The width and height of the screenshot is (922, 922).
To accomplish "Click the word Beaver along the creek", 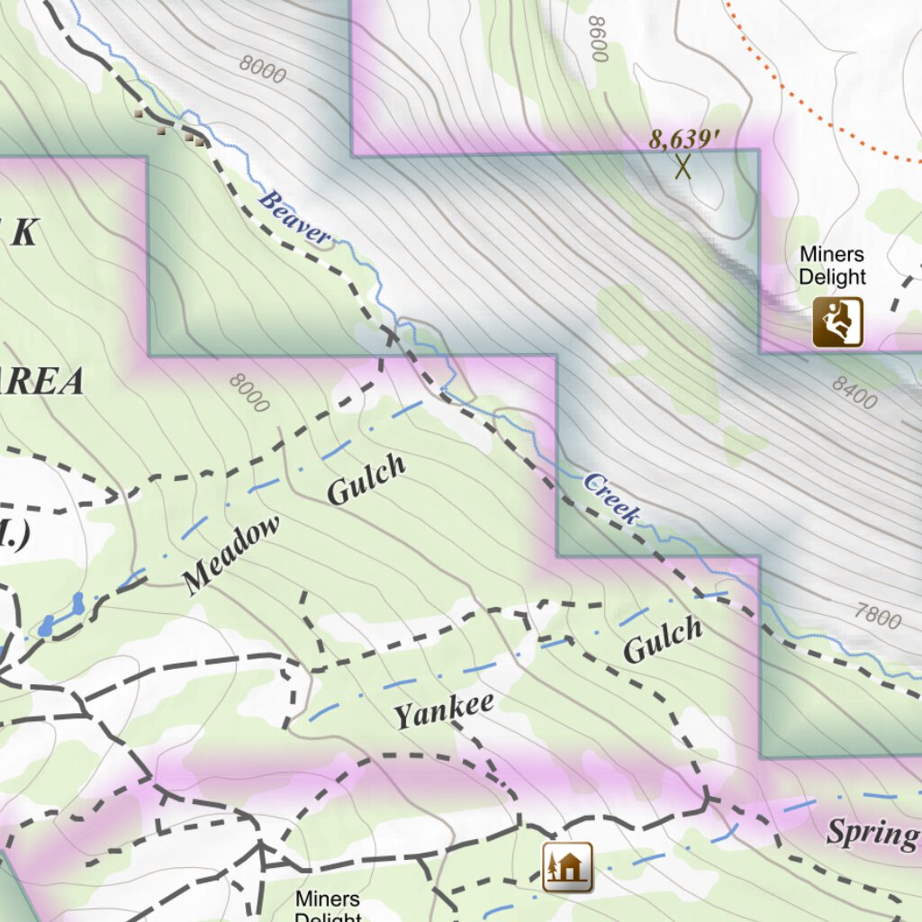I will pos(294,219).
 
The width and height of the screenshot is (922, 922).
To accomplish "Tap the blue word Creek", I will pos(611,497).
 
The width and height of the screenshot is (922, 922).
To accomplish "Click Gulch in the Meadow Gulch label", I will pos(366,479).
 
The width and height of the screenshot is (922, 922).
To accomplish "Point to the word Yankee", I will pos(444,710).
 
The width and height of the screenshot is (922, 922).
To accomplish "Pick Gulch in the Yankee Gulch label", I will pos(662,640).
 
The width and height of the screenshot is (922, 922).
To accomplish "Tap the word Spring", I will pos(872,833).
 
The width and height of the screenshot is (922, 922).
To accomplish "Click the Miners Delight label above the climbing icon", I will pos(832,267).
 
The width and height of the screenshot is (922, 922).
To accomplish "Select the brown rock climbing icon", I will pos(837,322).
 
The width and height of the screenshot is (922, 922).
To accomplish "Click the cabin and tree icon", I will pos(567,867).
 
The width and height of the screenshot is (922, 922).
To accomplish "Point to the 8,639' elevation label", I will pos(685,140).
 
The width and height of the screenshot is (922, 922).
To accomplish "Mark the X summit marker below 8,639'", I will pos(683,167).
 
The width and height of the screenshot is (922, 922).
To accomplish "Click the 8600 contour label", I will pos(597,38).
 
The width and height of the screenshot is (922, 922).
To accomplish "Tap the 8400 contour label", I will pos(854,393).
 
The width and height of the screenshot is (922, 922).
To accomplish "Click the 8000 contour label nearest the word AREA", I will pos(249,393).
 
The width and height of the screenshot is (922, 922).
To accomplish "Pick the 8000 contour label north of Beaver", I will pos(263,68).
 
